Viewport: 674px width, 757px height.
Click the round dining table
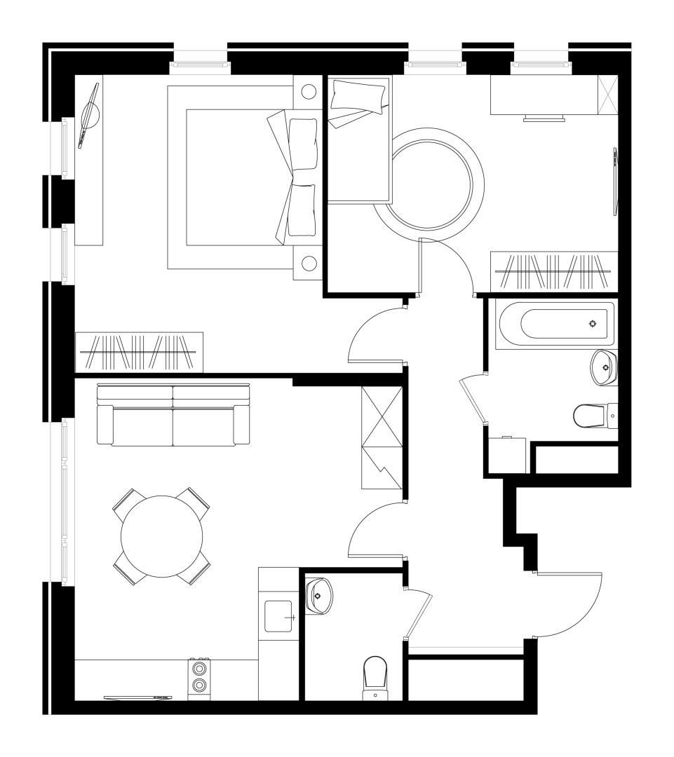click(161, 537)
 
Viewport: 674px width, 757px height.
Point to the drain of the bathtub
click(593, 323)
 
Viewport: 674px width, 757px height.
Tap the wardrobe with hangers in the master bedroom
click(139, 352)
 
